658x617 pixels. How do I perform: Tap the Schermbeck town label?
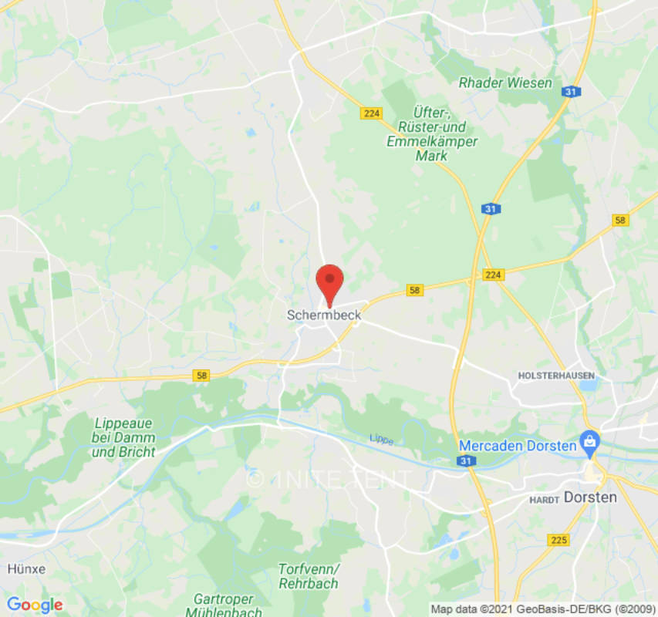324,315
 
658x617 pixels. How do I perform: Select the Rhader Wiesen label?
505,83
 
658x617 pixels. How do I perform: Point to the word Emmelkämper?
431,141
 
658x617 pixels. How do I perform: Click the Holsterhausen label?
556,376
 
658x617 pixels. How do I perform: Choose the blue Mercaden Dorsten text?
518,446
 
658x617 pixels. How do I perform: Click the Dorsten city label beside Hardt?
590,497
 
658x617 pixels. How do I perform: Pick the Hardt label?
544,500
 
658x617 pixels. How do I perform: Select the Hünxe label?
26,568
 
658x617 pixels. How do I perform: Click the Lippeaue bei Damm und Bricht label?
123,437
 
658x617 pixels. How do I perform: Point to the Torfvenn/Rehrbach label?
309,576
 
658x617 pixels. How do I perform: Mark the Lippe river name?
381,439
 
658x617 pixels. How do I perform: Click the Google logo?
34,605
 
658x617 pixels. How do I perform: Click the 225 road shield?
558,540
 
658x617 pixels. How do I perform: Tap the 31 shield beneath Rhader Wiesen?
571,92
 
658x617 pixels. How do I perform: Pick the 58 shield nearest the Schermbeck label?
415,290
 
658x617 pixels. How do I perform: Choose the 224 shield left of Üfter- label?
371,113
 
